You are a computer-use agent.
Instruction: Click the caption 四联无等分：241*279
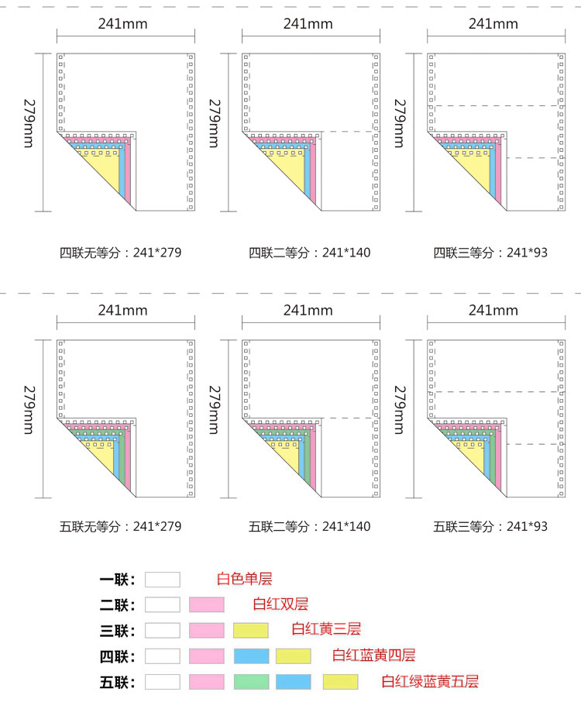[121, 253]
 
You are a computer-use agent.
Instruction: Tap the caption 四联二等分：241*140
[309, 253]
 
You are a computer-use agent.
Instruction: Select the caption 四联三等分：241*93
[490, 253]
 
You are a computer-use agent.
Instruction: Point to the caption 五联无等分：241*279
[121, 526]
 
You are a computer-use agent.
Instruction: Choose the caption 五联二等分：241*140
[309, 526]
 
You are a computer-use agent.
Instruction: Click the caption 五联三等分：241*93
[490, 526]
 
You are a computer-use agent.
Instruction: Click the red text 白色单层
[245, 579]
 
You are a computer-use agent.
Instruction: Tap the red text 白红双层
[280, 604]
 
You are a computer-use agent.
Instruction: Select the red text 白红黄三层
[326, 629]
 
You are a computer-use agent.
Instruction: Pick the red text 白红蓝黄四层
[373, 656]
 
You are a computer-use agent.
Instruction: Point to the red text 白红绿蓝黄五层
[429, 682]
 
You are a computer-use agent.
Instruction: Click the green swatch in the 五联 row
[250, 682]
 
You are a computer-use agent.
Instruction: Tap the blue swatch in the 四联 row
[250, 656]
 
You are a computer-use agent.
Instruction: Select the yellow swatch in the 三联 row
[250, 630]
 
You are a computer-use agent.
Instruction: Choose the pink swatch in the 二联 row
[206, 604]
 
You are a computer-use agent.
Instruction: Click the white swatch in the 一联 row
[162, 580]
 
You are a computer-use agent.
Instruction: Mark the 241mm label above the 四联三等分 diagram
[493, 23]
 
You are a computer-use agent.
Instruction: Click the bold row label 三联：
[117, 631]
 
